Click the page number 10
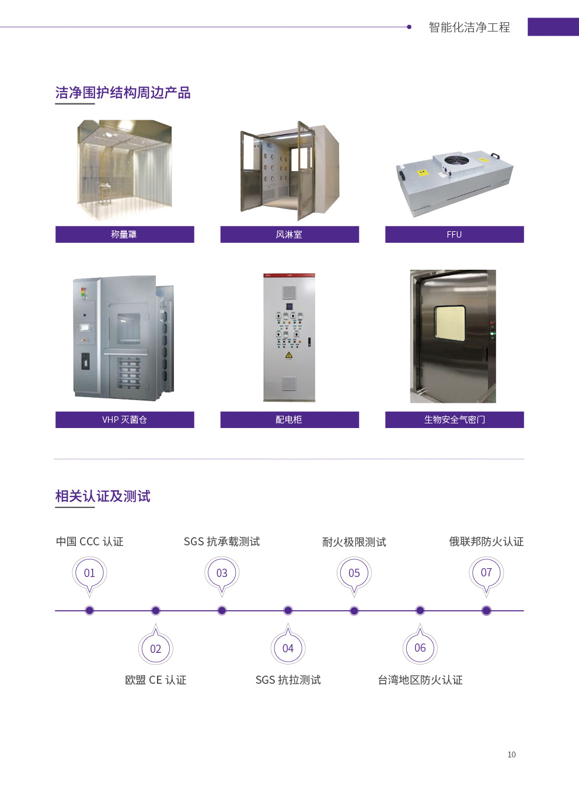511,754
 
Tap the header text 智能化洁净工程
469,27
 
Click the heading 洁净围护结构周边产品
123,93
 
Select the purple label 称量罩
124,234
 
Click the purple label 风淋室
289,234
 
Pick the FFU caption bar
455,234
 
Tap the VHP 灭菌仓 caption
124,420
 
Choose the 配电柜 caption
289,420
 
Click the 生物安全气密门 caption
455,420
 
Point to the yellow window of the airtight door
450,324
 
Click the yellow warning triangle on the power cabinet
288,355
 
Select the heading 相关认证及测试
103,496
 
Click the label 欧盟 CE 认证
156,680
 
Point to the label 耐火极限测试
354,542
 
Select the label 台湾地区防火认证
420,680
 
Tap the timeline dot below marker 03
222,611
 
